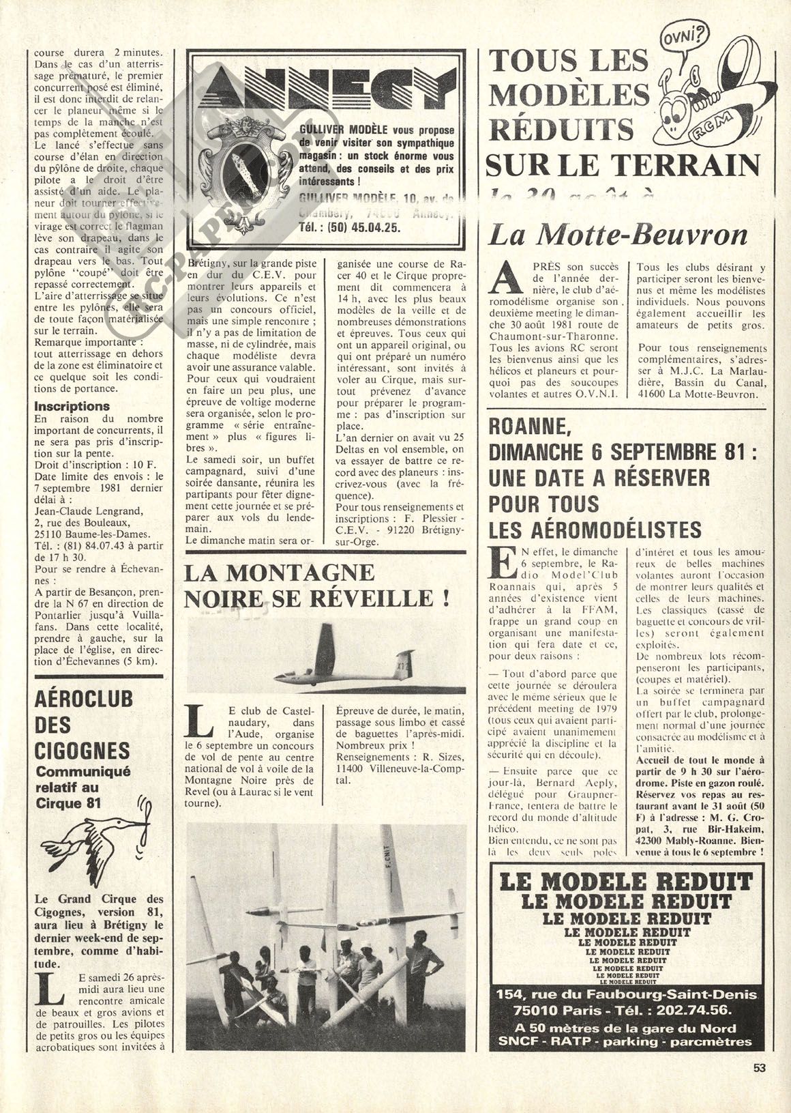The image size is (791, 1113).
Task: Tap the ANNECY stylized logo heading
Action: point(324,93)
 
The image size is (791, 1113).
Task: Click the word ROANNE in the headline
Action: point(526,429)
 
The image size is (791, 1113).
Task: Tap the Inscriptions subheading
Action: point(72,407)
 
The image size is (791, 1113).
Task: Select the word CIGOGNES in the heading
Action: point(82,751)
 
